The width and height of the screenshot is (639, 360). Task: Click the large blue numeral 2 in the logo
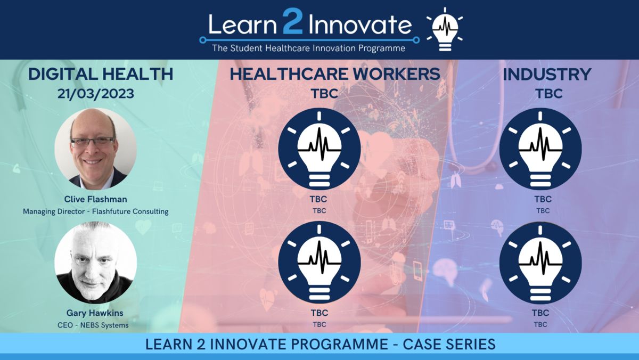(x=292, y=22)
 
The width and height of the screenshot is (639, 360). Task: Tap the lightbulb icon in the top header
(x=445, y=30)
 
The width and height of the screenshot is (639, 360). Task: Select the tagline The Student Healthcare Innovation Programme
(x=309, y=48)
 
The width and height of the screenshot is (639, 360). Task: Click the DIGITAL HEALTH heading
(x=101, y=74)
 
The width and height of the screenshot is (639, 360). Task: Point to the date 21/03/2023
(x=95, y=94)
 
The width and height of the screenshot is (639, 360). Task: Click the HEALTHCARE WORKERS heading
(x=335, y=74)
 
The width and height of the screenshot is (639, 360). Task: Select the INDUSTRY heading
(x=547, y=75)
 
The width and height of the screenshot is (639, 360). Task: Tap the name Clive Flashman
(x=95, y=199)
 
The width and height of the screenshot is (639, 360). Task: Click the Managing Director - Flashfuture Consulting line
(x=95, y=211)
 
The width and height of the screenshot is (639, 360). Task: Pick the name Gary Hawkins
(x=95, y=313)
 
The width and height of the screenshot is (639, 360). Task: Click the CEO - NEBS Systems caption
(x=93, y=325)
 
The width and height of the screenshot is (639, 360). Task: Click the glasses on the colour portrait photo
(x=92, y=142)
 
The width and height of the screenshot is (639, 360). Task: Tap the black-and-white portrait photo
(x=95, y=263)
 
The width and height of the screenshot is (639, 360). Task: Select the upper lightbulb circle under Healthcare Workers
(x=319, y=149)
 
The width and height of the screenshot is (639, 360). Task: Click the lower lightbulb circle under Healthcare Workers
(x=319, y=263)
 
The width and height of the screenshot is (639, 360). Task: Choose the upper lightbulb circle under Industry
(x=540, y=149)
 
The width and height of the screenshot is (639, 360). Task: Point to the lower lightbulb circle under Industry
(x=540, y=263)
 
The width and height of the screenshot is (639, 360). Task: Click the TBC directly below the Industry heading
(x=549, y=94)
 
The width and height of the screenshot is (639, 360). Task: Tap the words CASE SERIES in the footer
(x=449, y=344)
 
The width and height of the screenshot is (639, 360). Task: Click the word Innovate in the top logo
(x=360, y=24)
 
